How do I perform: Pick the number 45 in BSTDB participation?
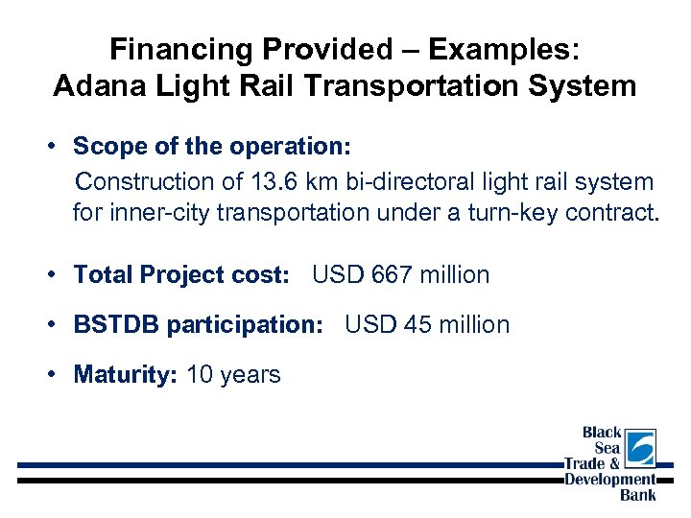click(x=417, y=325)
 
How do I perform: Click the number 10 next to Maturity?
click(x=200, y=375)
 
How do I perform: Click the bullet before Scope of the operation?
click(x=59, y=147)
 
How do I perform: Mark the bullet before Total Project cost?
click(x=59, y=275)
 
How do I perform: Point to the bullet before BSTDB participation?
click(x=59, y=325)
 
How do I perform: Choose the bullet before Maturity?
click(x=59, y=375)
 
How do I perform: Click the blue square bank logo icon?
click(x=639, y=448)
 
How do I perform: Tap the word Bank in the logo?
click(x=638, y=495)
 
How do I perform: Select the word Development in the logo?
click(x=609, y=480)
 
